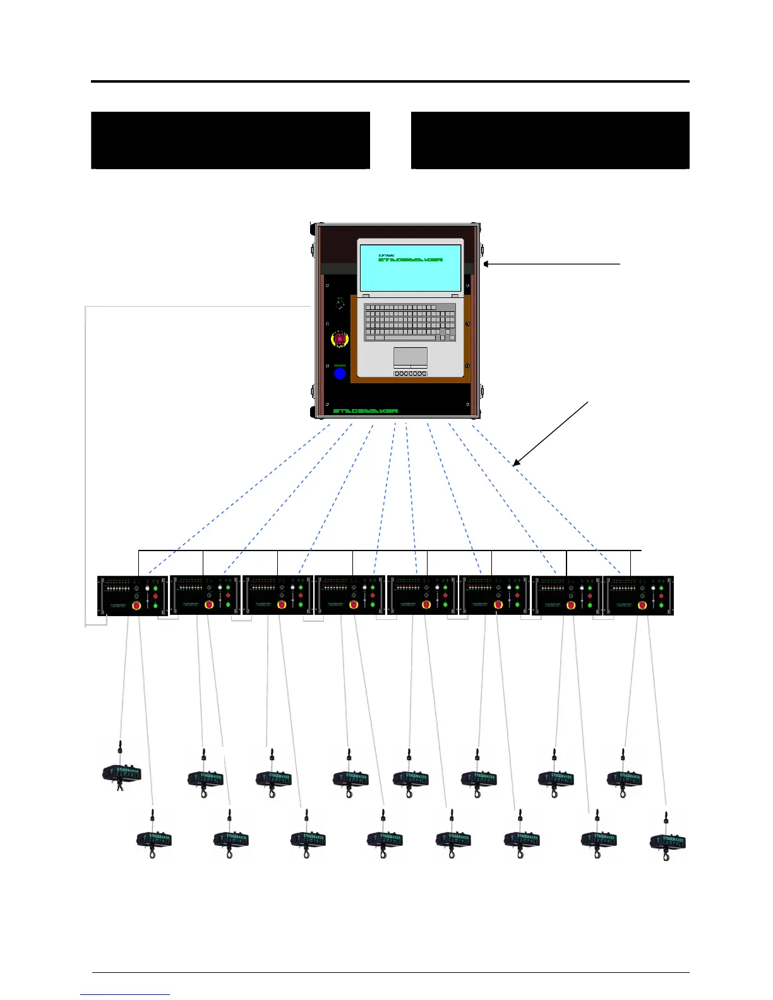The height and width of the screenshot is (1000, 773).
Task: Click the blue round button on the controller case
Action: point(340,374)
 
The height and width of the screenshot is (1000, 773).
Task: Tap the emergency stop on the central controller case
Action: point(340,340)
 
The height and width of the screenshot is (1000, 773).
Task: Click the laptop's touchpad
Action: point(410,357)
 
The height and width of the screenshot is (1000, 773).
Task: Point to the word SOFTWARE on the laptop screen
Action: point(386,255)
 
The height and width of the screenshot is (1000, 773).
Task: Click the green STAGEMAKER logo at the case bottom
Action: point(366,411)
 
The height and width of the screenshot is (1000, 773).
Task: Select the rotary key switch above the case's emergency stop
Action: point(340,304)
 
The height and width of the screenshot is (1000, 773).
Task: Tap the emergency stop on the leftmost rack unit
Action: point(136,606)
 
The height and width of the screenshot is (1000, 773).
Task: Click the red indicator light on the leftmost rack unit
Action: point(155,596)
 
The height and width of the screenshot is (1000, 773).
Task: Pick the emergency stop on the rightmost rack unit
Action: point(642,606)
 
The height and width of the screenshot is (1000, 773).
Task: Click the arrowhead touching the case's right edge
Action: point(487,264)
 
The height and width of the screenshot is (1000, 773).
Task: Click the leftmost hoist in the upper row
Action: point(121,771)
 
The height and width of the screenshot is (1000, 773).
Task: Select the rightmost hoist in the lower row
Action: point(668,842)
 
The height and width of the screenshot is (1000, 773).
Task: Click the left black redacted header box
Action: point(231,140)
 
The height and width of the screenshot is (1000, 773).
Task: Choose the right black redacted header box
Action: point(550,140)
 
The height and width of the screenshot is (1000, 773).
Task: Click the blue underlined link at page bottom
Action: point(125,994)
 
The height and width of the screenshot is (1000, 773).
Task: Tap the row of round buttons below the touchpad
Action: point(410,374)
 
